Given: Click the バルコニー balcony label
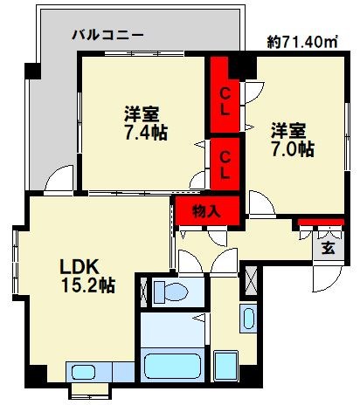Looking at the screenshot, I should click(x=107, y=36).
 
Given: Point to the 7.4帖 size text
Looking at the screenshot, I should click(x=145, y=133).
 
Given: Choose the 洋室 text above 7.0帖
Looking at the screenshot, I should click(x=287, y=130).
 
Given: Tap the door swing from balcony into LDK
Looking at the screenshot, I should click(x=60, y=180).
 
